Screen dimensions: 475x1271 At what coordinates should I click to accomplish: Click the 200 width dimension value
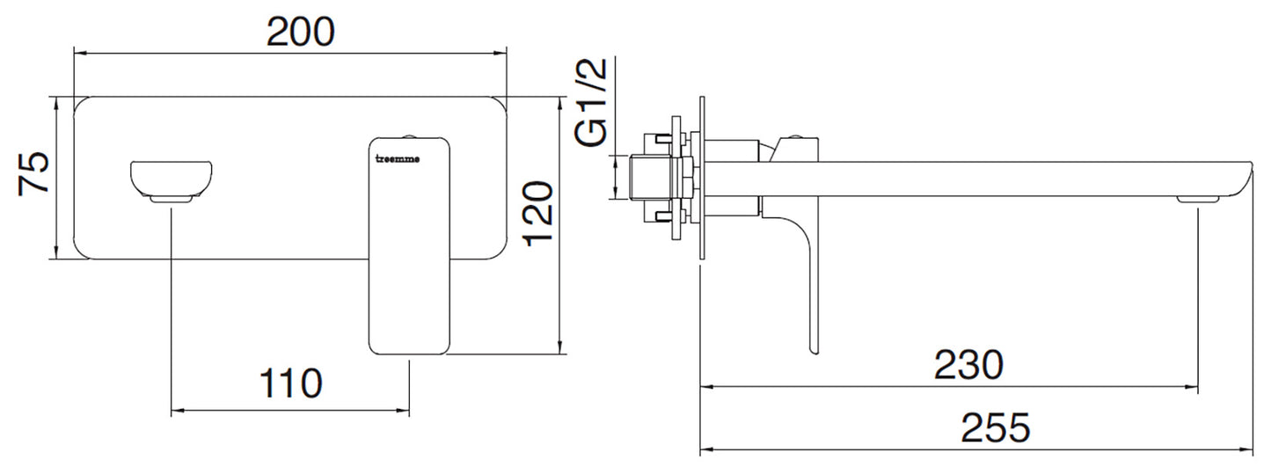pyautogui.click(x=301, y=33)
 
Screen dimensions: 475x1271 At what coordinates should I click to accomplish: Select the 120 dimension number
pyautogui.click(x=537, y=211)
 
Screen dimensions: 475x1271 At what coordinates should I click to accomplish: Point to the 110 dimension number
pyautogui.click(x=290, y=384)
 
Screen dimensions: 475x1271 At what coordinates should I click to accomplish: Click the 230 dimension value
pyautogui.click(x=968, y=364)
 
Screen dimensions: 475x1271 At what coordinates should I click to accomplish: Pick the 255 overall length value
pyautogui.click(x=995, y=429)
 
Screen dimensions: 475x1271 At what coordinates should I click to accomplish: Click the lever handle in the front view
pyautogui.click(x=409, y=246)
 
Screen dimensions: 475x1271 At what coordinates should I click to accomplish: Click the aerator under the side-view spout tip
pyautogui.click(x=1197, y=201)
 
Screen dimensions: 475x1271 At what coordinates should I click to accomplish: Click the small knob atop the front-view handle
pyautogui.click(x=409, y=135)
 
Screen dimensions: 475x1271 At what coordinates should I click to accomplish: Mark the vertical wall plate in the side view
pyautogui.click(x=701, y=179)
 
